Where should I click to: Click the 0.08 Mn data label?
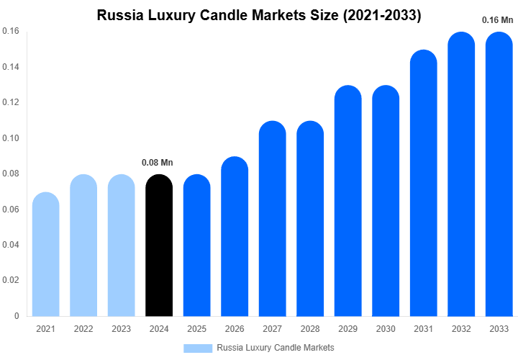pyautogui.click(x=158, y=163)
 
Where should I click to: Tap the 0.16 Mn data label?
pyautogui.click(x=496, y=20)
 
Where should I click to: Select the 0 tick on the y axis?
pyautogui.click(x=17, y=315)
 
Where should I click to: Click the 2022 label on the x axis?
pyautogui.click(x=83, y=329)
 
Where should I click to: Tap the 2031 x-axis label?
pyautogui.click(x=424, y=329)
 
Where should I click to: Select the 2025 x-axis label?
pyautogui.click(x=196, y=329)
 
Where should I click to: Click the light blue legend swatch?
pyautogui.click(x=198, y=348)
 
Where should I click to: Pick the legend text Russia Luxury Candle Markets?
pyautogui.click(x=276, y=348)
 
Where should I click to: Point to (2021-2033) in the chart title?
pyautogui.click(x=378, y=15)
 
